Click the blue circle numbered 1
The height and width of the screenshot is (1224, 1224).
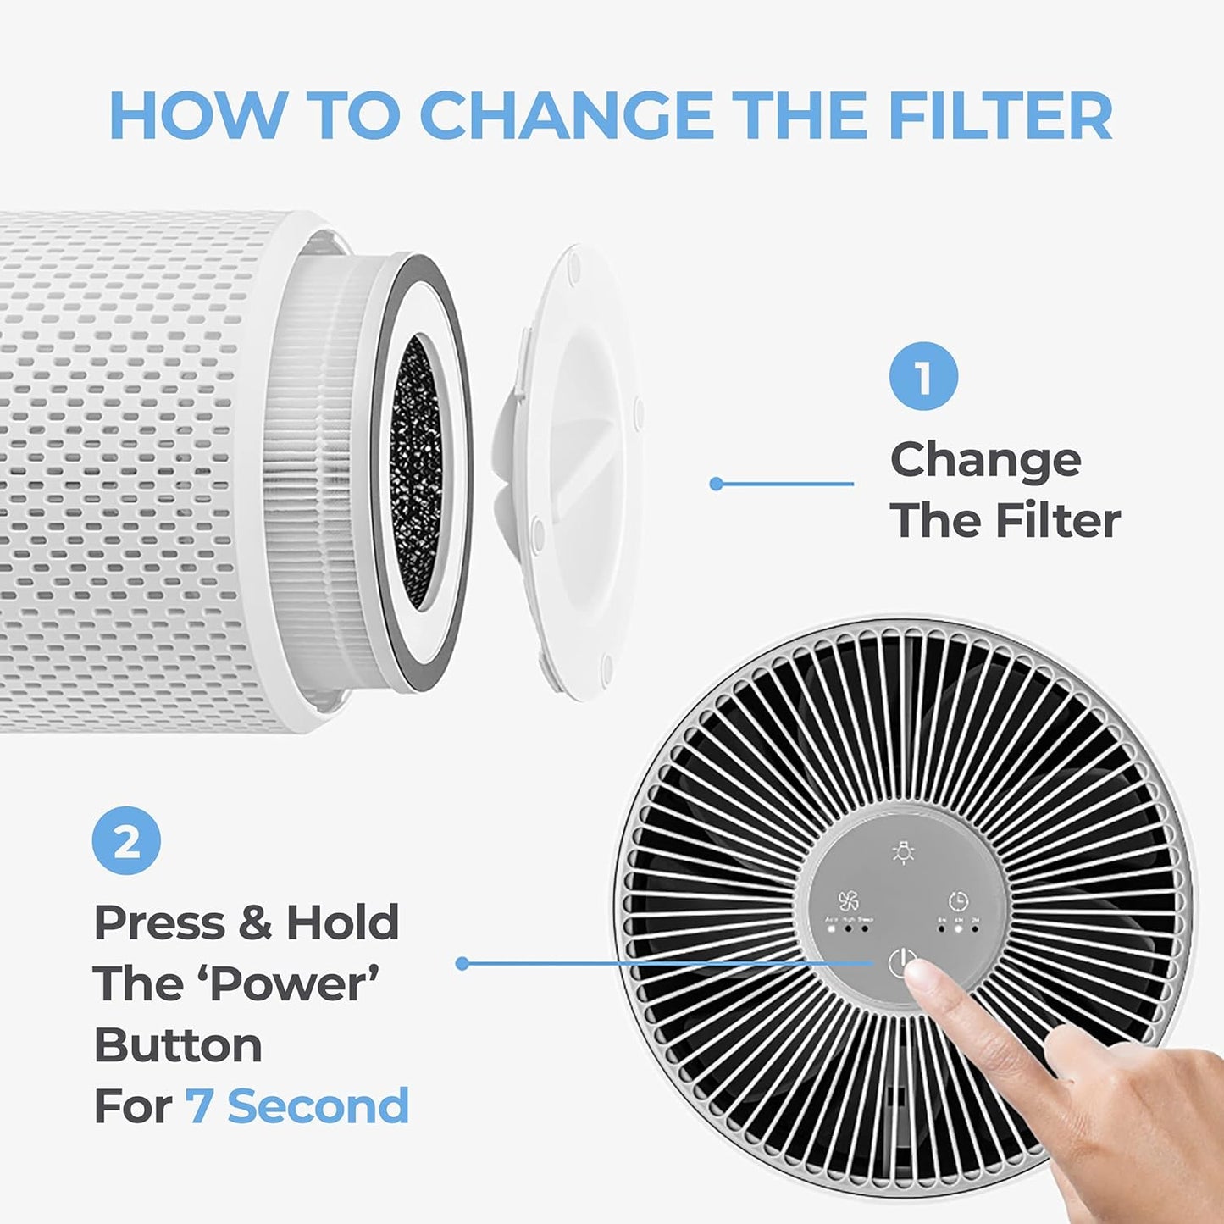923,376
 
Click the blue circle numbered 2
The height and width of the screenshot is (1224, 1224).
126,840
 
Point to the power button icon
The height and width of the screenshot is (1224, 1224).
901,963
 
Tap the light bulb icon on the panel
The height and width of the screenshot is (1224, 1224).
904,853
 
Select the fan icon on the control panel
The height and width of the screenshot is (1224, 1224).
848,900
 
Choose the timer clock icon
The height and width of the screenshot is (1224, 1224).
958,900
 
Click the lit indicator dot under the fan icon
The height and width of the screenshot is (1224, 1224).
832,928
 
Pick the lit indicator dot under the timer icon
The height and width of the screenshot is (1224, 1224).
958,928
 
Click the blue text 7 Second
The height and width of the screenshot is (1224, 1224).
297,1106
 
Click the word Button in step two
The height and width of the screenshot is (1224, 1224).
178,1045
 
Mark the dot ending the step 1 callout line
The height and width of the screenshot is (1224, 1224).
716,484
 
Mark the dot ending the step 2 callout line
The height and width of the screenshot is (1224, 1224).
462,963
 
